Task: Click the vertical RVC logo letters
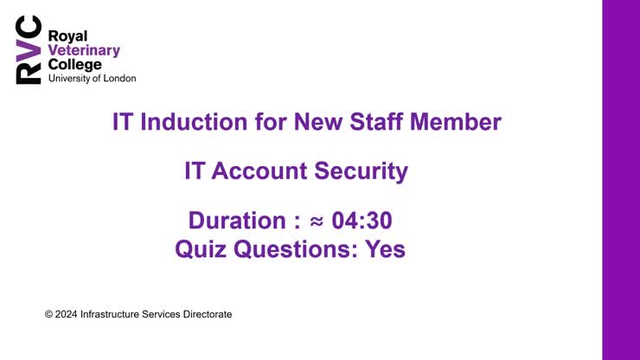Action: (28, 51)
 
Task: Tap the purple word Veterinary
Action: (84, 50)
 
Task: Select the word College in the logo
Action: (74, 64)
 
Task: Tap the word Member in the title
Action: (462, 122)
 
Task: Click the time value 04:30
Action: (368, 222)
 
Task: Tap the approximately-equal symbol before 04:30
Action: (317, 222)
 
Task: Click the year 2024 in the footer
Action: (65, 314)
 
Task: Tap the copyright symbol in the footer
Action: (48, 314)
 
